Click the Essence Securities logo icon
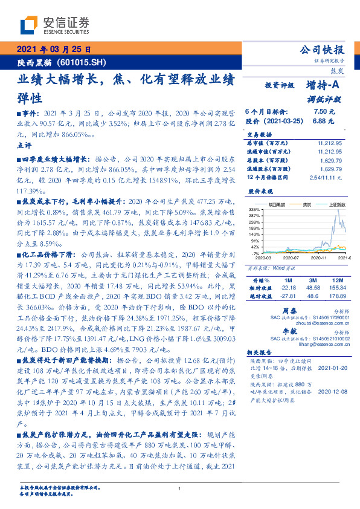click(x=28, y=25)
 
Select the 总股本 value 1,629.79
click(x=330, y=161)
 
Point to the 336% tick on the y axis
click(x=254, y=209)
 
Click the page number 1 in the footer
click(x=179, y=489)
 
